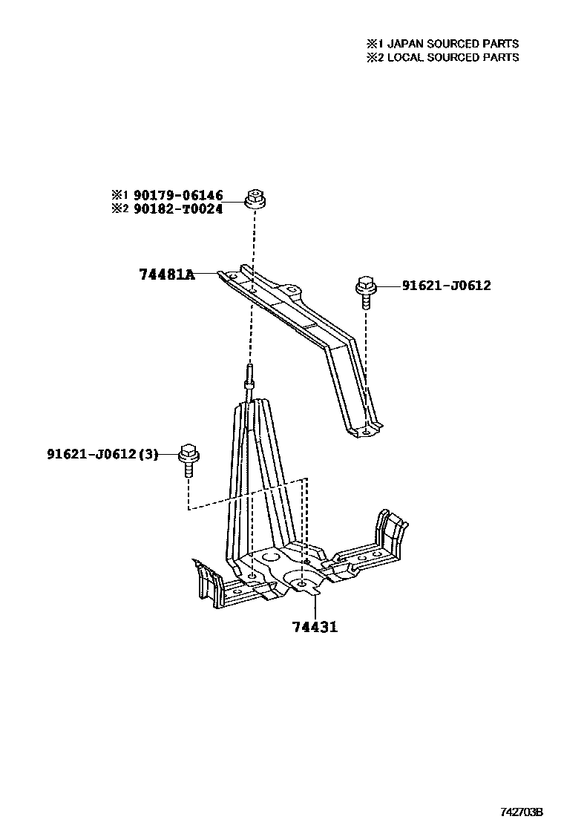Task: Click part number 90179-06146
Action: click(178, 195)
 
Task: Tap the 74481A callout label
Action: click(166, 275)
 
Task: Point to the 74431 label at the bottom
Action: click(315, 627)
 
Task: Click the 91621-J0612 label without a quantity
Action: click(446, 285)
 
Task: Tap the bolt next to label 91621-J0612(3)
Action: click(187, 461)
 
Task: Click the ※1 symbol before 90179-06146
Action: click(120, 195)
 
